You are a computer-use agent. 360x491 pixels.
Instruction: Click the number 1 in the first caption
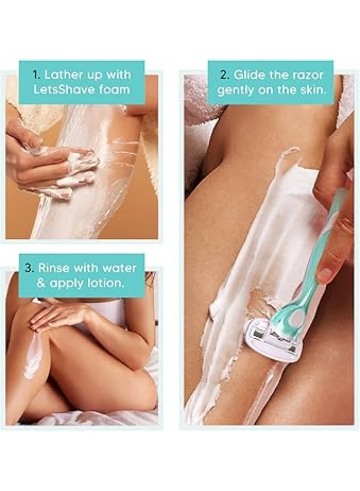pos(35,75)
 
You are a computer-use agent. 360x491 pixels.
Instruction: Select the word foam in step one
pos(114,90)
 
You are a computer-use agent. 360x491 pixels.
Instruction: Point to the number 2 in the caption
pos(223,75)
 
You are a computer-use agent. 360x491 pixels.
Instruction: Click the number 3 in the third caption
pos(29,268)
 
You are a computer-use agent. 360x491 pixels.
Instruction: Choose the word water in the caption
pos(119,268)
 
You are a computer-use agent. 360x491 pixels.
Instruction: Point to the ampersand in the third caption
pos(41,283)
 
